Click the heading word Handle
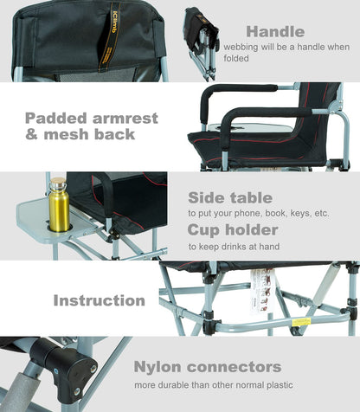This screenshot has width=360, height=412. pos(275,32)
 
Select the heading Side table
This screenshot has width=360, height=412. pos(230,198)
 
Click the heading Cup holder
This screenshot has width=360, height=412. pos(233,229)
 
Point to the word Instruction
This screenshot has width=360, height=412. pos(99,300)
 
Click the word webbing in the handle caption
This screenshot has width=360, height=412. pos(242,47)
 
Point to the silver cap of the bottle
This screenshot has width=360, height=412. pos(56,183)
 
